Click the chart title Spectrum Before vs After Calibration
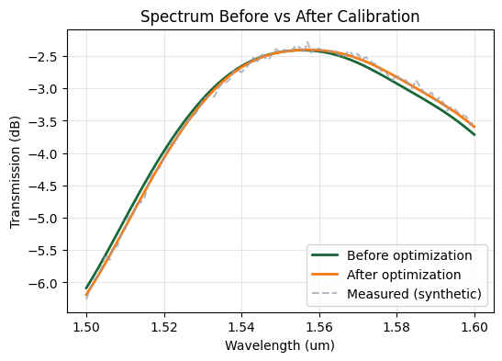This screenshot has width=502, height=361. point(281,17)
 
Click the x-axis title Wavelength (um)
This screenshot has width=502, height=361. point(281,345)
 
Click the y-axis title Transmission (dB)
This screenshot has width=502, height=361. point(16,173)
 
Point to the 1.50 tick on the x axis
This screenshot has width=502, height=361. point(86,324)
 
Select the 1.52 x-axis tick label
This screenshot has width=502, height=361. point(164,324)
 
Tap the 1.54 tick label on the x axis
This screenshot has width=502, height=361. point(242,324)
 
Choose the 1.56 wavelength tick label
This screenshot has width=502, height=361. point(319,324)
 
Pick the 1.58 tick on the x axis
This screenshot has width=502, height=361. point(397,324)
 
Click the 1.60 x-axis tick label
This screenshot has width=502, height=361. point(474,324)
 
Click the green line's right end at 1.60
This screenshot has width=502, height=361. point(474,135)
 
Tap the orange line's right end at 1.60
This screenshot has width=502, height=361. point(474,127)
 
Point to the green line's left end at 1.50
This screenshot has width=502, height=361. point(86,288)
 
